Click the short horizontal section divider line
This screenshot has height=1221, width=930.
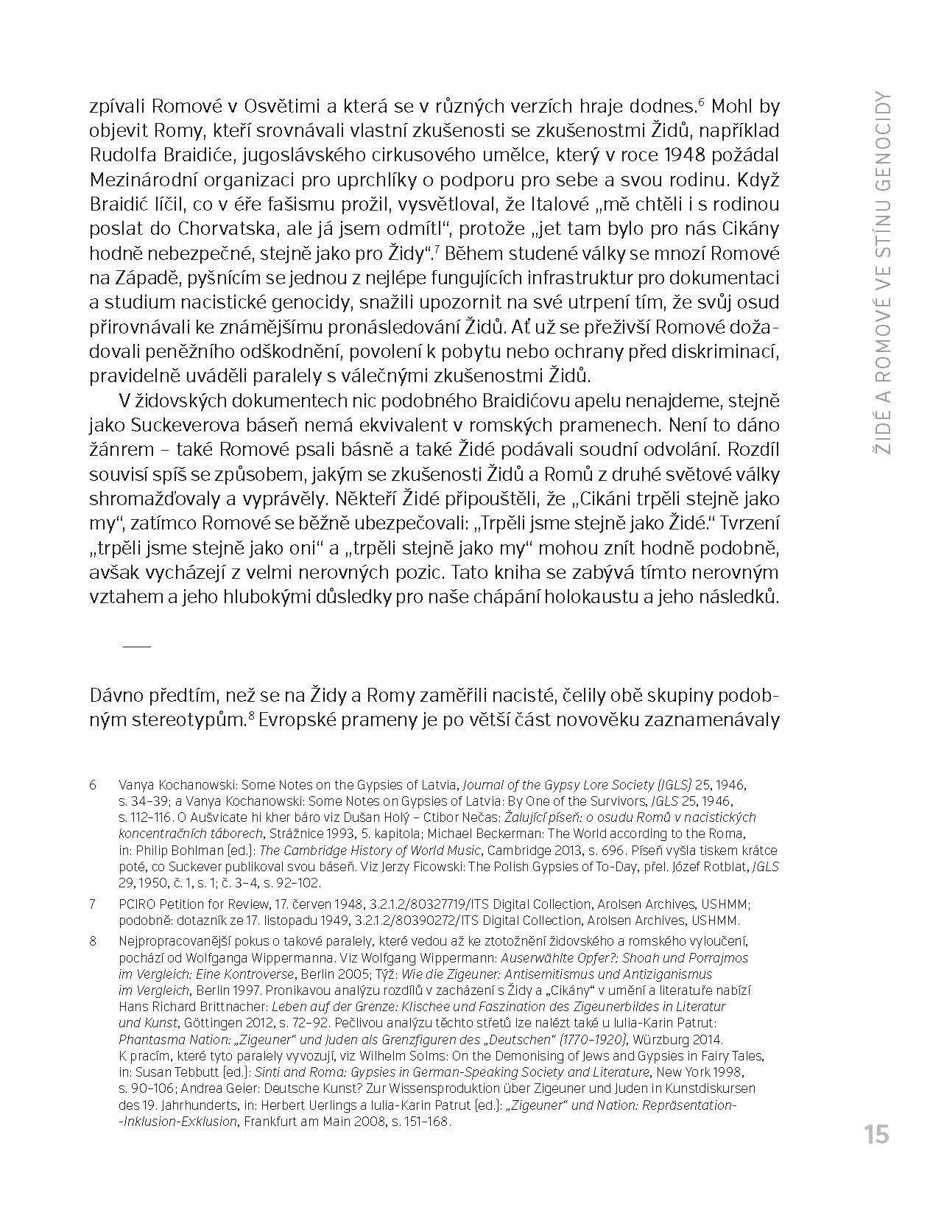coord(136,646)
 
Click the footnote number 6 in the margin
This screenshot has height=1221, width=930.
coord(94,785)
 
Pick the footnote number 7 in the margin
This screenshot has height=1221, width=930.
coord(94,904)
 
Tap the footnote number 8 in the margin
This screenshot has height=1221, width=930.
coord(94,941)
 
